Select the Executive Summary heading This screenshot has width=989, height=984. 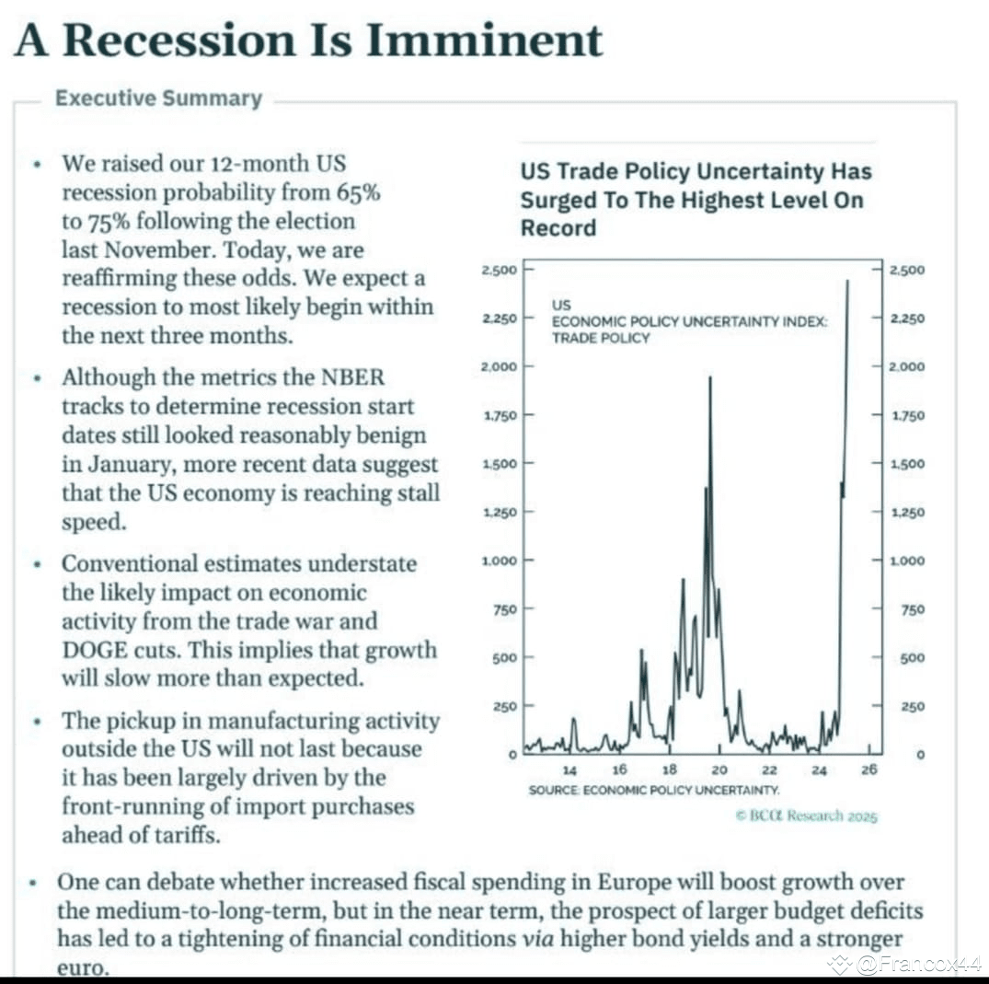click(159, 98)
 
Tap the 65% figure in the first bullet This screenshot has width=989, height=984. click(358, 191)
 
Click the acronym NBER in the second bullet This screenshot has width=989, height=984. click(352, 376)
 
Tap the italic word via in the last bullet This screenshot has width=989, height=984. click(538, 939)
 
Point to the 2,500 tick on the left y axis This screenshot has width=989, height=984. click(499, 270)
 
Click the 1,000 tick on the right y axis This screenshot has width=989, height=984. click(907, 561)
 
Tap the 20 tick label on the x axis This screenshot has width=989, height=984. click(719, 770)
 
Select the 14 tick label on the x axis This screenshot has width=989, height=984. click(569, 770)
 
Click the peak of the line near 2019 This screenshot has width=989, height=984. click(710, 376)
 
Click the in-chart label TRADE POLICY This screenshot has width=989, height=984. click(601, 339)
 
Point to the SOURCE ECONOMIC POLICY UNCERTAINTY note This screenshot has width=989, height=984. click(654, 790)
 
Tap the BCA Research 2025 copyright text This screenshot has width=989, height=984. click(806, 816)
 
